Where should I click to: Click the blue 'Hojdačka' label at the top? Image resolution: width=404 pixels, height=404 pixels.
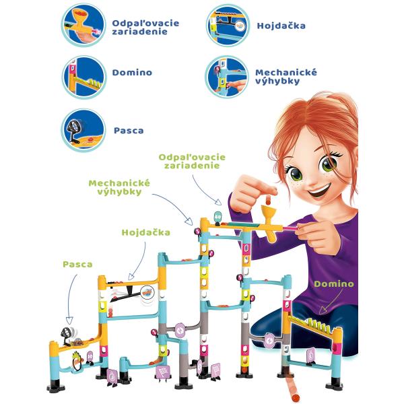tap(281, 26)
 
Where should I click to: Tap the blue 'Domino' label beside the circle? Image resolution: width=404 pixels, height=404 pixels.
tap(132, 73)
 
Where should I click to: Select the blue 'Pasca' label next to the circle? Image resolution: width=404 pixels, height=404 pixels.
tap(129, 131)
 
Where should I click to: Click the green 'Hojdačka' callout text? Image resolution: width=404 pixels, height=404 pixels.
tap(146, 232)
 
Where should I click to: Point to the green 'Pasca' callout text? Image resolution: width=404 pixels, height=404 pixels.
tap(77, 265)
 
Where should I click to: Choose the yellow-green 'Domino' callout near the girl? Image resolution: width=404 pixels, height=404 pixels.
tap(334, 284)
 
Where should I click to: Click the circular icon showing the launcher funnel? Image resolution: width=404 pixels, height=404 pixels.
tap(83, 26)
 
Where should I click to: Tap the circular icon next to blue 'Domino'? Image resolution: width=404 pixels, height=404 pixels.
tap(84, 77)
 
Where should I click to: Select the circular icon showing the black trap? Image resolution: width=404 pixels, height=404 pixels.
tap(83, 131)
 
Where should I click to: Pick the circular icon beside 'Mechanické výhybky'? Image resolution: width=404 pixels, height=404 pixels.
tap(227, 77)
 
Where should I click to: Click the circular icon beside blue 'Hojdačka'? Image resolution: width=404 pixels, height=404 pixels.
tap(228, 26)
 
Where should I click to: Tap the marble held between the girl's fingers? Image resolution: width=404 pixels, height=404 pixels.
tap(268, 200)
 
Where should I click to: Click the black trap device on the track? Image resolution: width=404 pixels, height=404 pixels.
tap(67, 336)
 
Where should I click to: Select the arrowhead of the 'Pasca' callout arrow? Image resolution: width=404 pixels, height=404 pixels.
tap(69, 321)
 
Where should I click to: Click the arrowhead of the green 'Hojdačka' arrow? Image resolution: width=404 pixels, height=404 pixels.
tap(131, 277)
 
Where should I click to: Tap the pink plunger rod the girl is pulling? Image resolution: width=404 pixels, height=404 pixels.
tap(290, 228)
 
